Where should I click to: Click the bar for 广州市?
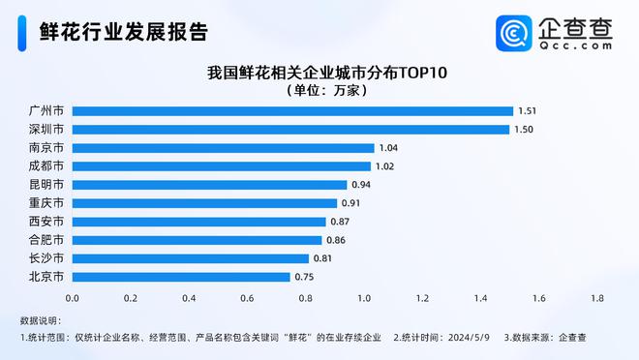point(291,110)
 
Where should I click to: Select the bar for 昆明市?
point(209,184)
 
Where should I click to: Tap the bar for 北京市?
point(180,276)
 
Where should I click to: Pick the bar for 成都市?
point(221,165)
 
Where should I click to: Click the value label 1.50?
point(523,129)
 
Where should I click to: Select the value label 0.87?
point(340,222)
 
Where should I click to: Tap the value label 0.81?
point(322,258)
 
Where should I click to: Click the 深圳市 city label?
point(46,129)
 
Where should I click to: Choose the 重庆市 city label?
point(46,202)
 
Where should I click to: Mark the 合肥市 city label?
point(46,239)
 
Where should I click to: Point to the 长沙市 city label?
point(46,257)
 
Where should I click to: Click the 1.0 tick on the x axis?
point(364,298)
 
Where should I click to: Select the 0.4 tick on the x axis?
point(189,298)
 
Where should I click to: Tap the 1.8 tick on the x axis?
point(597,298)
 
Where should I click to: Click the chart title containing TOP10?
point(319,73)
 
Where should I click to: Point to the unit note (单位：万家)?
point(319,90)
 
